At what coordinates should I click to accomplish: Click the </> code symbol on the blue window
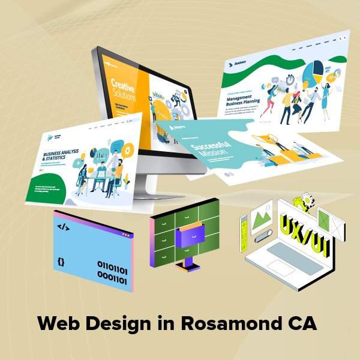pos(62,227)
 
